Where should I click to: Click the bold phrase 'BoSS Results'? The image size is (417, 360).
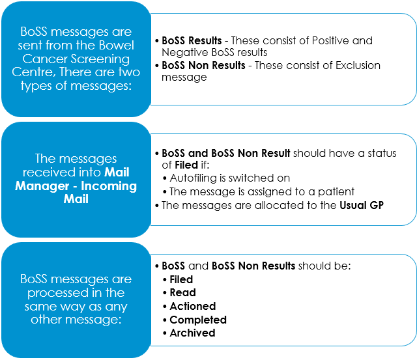pos(192,40)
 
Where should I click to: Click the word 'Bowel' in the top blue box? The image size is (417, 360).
pos(116,45)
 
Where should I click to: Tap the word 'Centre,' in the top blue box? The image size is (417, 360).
pos(34,72)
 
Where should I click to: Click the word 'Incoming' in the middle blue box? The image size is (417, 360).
pos(109,186)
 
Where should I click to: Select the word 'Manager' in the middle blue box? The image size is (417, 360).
pos(42,186)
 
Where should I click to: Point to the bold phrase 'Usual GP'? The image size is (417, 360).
pos(362,205)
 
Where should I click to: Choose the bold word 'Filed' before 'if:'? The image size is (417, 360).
pos(186,165)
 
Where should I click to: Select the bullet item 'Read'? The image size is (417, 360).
pos(183,293)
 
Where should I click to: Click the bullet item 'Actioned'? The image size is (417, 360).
pos(193,307)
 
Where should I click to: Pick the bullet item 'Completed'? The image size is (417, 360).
pos(198,320)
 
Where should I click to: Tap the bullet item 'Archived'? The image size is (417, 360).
pos(193,333)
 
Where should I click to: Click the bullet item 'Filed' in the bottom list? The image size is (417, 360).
pos(181,279)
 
